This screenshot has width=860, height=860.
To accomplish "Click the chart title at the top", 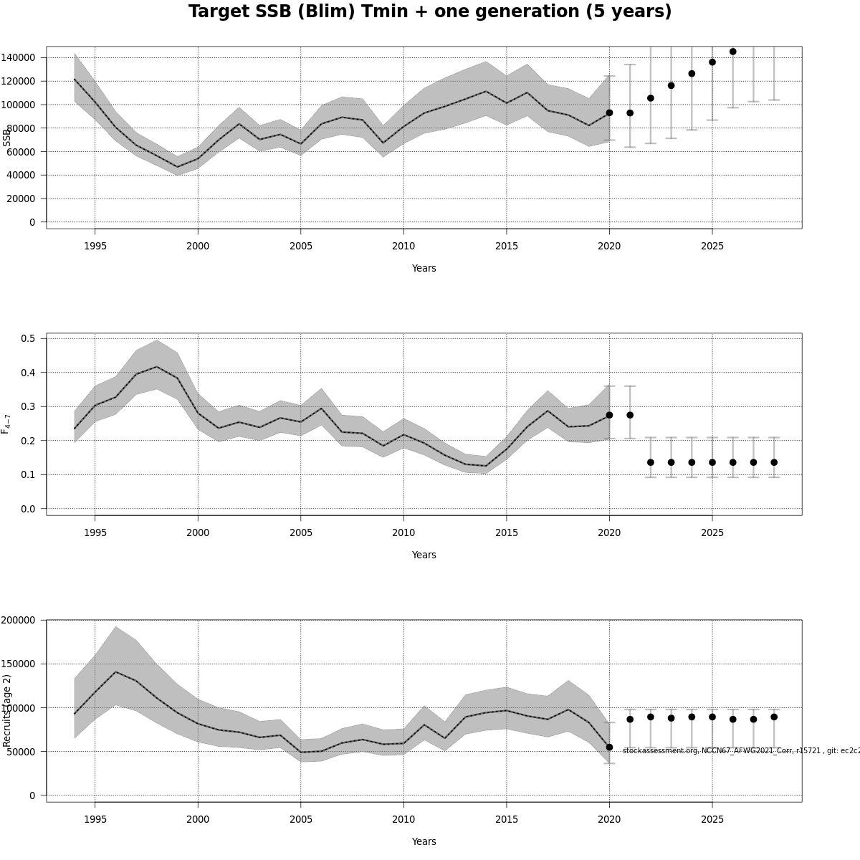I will (430, 12).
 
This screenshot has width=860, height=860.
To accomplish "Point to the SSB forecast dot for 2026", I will (732, 52).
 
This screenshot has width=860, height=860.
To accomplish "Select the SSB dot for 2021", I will (630, 113).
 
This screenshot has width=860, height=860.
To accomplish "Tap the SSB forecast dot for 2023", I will (671, 86).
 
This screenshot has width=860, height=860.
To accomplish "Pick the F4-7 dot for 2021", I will (630, 415).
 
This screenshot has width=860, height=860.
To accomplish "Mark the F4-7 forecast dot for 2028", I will (774, 462).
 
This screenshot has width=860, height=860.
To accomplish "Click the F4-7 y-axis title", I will (6, 424).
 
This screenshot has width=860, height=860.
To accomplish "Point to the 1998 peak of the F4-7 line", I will (156, 367).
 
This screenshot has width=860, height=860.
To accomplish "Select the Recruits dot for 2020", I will (609, 747).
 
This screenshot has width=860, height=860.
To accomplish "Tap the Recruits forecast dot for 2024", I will (692, 717).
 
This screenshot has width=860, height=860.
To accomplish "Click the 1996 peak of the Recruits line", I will (115, 672).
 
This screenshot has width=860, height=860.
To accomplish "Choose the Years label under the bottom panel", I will (424, 841).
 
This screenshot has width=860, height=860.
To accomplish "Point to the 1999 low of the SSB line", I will (177, 167).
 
